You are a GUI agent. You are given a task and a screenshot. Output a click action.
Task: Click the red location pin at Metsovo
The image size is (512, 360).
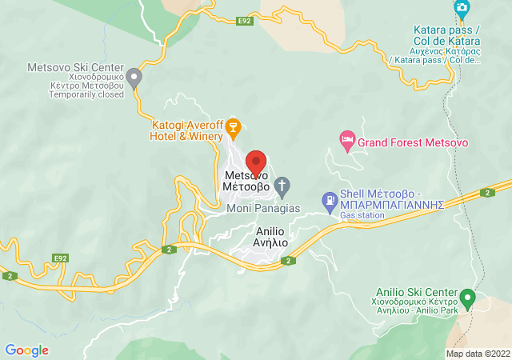255,161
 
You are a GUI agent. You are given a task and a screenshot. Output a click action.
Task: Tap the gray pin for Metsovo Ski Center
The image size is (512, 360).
134,78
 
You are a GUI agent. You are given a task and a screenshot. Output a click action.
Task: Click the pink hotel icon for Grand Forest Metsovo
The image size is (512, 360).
346,142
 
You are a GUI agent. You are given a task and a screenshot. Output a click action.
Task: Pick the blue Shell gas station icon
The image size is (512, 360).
329,198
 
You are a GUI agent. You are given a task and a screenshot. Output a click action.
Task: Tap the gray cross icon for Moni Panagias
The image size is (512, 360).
282,187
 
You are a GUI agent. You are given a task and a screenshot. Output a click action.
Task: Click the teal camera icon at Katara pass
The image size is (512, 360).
462,10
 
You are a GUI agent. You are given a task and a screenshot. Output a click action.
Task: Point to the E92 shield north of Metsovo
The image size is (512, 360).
245,22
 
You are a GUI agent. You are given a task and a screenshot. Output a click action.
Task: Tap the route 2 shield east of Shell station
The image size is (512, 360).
486,192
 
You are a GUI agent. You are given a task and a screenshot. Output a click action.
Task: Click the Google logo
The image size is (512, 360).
27,350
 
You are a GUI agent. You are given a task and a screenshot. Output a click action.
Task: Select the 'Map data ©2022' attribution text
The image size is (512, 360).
477,354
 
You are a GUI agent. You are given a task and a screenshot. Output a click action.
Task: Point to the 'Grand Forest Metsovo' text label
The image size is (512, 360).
413,142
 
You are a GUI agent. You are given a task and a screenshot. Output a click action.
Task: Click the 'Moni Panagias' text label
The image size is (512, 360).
262,209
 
